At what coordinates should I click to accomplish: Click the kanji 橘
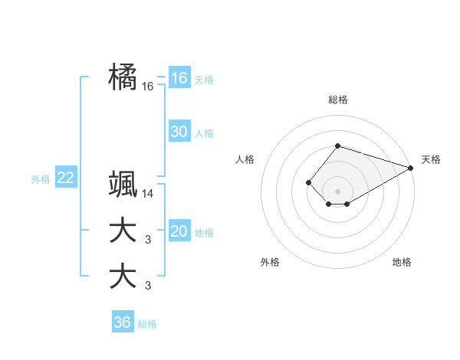123,77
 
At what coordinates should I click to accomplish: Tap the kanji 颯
123,184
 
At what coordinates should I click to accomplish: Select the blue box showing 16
179,77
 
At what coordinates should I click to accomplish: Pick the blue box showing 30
179,132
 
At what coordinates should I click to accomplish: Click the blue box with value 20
179,231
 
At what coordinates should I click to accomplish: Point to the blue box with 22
65,178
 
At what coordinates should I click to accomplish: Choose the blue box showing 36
122,322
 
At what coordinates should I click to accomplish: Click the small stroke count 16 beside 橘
148,87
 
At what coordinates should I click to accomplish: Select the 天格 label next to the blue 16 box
204,79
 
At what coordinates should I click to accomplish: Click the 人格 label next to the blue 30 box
204,133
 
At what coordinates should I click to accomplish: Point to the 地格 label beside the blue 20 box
204,233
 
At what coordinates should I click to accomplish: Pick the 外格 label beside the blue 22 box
41,179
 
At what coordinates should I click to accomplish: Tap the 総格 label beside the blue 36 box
147,324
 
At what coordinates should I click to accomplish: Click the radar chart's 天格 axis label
431,159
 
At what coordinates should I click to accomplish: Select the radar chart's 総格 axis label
337,100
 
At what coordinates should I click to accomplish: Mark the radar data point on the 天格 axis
410,168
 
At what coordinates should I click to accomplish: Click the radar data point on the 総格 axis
337,146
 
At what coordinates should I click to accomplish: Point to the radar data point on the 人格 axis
308,182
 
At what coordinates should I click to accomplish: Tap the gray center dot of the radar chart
337,191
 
